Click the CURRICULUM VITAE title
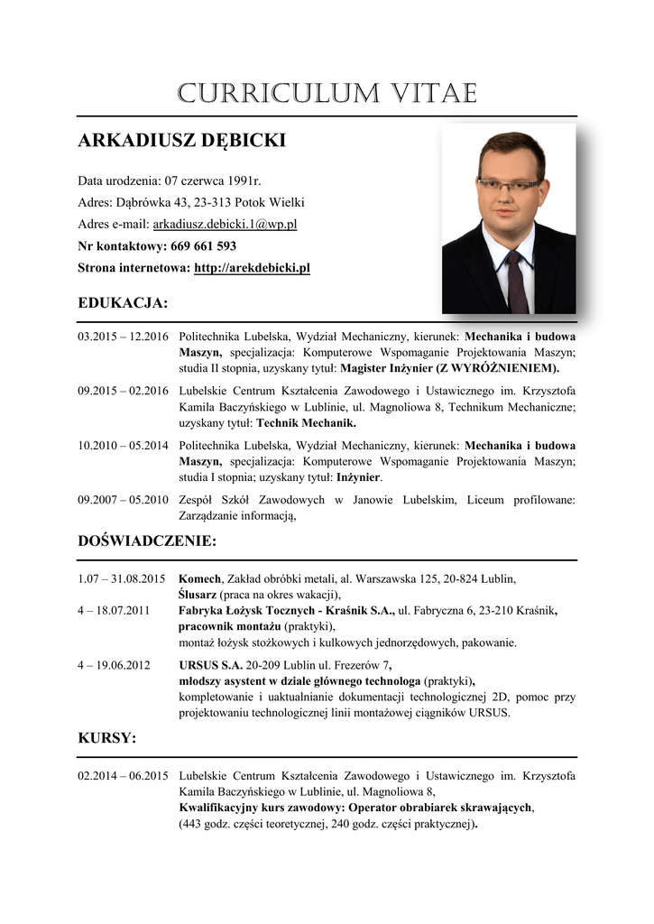pyautogui.click(x=327, y=93)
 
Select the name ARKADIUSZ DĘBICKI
pyautogui.click(x=182, y=141)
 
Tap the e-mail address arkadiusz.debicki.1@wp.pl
pyautogui.click(x=226, y=224)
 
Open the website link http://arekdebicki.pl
pyautogui.click(x=252, y=268)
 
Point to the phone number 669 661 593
pyautogui.click(x=203, y=245)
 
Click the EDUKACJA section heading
pyautogui.click(x=124, y=302)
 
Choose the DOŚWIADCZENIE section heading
pyautogui.click(x=148, y=541)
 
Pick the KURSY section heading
pyautogui.click(x=107, y=738)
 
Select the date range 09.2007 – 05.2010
pyautogui.click(x=124, y=499)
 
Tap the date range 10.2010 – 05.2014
pyautogui.click(x=124, y=445)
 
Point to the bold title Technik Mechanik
pyautogui.click(x=307, y=422)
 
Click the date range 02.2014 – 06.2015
pyautogui.click(x=124, y=775)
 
